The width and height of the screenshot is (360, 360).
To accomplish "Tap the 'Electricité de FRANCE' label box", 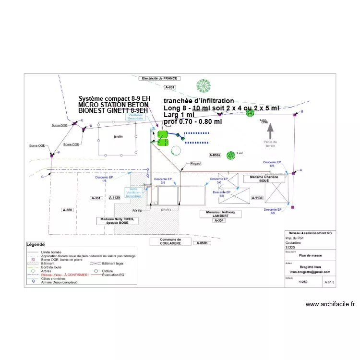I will coord(160,78).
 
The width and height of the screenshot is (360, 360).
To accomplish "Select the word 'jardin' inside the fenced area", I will coord(118,137).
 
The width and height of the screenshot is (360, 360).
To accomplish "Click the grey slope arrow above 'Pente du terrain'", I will coord(270,128).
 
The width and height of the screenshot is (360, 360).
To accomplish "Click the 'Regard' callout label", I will coord(195,164).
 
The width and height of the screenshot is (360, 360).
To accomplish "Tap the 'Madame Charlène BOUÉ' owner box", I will coord(264,178).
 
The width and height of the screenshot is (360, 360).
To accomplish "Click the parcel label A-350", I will coord(67,210).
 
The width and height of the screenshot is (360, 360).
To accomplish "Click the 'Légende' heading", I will coord(36,244).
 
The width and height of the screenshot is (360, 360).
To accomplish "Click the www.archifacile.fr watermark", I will coord(330,304).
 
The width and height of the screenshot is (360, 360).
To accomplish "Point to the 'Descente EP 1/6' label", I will coord(104,179).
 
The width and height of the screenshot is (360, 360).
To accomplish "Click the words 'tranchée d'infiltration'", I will coord(198,101).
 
